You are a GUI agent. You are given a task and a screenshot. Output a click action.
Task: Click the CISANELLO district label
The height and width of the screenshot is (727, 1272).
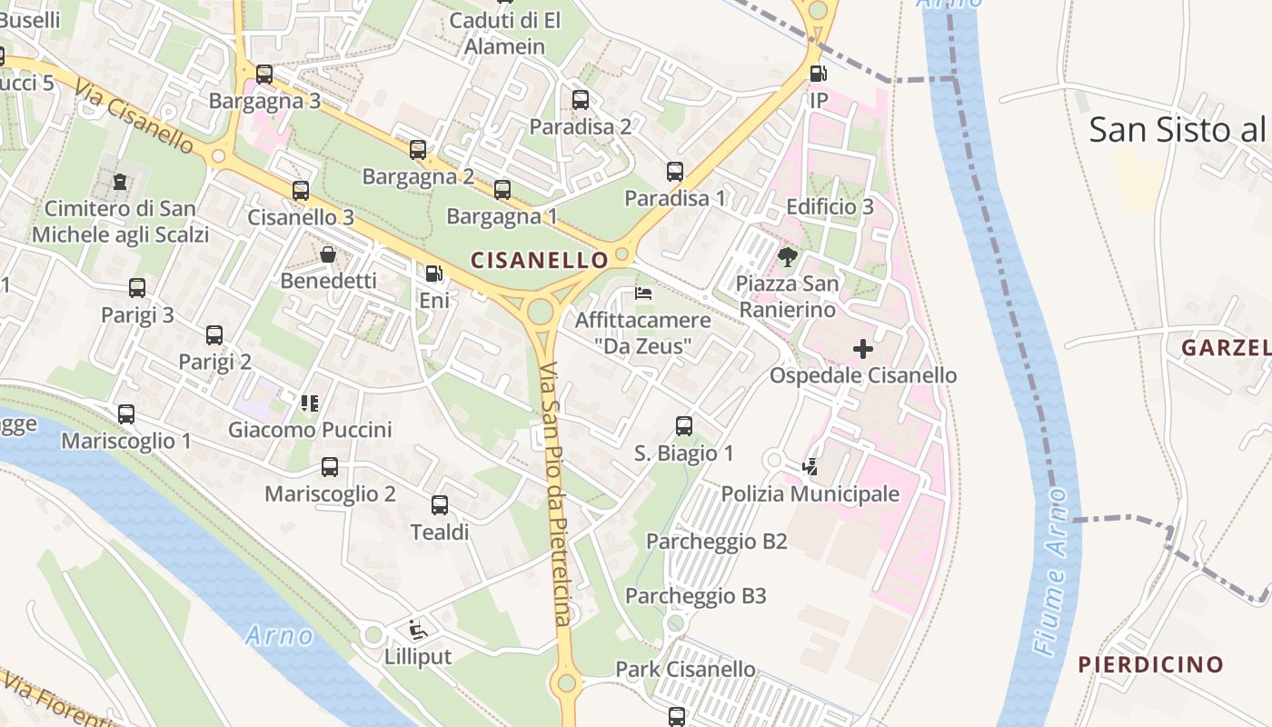[540, 260]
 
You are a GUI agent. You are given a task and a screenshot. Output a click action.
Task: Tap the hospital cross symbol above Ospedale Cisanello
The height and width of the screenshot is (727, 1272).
[862, 349]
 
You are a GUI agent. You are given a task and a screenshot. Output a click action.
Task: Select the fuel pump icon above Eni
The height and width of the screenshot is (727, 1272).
[434, 273]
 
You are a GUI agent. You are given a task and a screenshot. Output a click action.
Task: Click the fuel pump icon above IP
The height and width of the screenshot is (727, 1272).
[818, 74]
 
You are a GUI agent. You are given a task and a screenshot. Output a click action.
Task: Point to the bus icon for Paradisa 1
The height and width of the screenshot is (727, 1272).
[674, 171]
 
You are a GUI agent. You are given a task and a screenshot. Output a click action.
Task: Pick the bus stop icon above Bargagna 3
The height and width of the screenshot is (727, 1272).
[264, 75]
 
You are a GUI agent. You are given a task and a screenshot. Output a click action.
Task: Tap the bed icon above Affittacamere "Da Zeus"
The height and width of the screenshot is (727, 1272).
[642, 294]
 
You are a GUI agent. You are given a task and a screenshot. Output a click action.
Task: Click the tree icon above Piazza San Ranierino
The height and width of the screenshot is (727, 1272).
[787, 257]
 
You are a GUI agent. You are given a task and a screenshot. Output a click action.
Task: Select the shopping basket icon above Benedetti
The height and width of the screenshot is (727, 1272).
[328, 254]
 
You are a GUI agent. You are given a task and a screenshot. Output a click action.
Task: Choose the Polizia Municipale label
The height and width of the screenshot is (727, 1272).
[810, 494]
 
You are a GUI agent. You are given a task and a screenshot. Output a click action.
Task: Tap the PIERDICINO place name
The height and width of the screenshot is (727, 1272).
[1150, 664]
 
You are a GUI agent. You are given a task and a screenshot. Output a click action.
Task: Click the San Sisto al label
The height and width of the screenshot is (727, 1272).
[1177, 130]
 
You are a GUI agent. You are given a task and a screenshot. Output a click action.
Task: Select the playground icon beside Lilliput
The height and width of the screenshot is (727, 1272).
[417, 629]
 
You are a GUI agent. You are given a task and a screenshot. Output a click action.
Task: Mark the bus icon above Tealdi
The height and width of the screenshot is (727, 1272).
[440, 505]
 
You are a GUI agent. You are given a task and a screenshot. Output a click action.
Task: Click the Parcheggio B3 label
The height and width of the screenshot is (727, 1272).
[695, 596]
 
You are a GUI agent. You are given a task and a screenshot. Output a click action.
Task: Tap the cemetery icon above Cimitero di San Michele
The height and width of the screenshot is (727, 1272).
[120, 182]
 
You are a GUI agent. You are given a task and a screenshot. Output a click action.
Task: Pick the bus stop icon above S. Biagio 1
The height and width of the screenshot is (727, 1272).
[683, 425]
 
